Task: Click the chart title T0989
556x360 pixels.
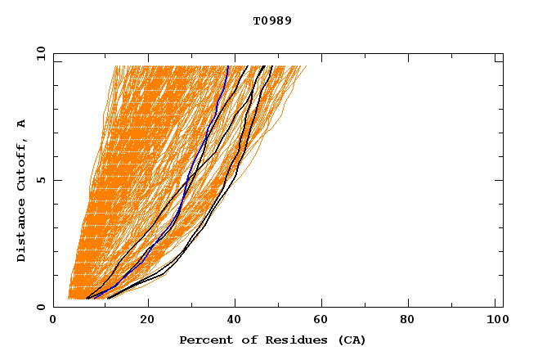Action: coord(272,21)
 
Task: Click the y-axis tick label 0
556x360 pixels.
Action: coord(40,307)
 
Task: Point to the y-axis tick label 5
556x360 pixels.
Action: coord(40,180)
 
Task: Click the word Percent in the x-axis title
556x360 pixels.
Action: coord(203,340)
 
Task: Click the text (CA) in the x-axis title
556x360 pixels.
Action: coord(349,340)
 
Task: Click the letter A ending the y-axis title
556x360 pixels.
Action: coord(22,124)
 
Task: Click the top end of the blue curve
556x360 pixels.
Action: coord(227,66)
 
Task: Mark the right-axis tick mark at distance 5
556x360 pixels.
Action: coord(500,180)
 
